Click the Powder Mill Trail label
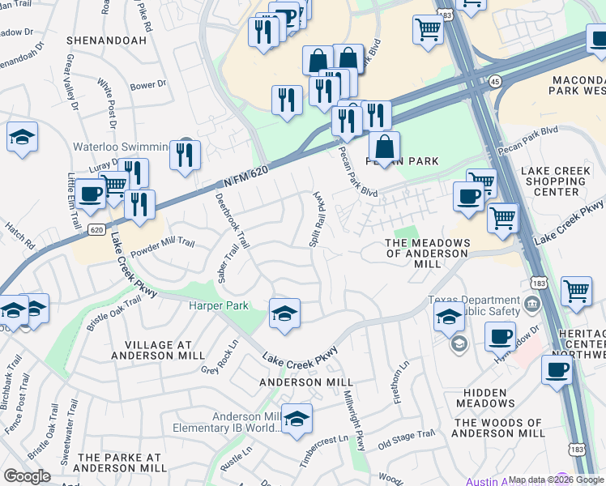(164, 242)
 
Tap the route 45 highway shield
(494, 81)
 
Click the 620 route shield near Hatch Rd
(96, 229)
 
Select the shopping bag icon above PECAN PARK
(384, 148)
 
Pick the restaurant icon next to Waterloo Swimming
(186, 155)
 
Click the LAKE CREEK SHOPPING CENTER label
(561, 181)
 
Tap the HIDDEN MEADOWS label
(485, 398)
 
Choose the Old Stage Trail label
(407, 438)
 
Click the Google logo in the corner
(28, 476)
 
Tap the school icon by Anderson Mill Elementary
(297, 419)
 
